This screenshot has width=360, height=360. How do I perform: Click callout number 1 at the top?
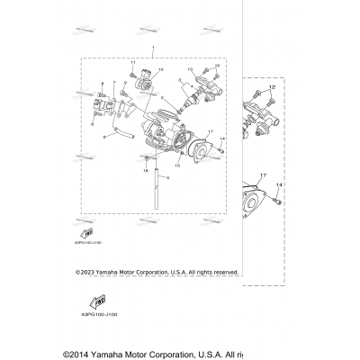pos(154,48)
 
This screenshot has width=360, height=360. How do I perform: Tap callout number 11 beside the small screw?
pos(131,63)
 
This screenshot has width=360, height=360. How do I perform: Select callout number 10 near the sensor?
pos(162,69)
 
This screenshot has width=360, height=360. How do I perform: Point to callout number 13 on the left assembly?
pos(191,68)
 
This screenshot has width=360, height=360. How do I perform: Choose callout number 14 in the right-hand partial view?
pos(280,184)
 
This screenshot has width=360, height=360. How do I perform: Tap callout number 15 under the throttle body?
pos(177,166)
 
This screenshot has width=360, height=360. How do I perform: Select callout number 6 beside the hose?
pos(104,137)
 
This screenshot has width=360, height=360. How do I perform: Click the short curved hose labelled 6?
pos(124,135)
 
